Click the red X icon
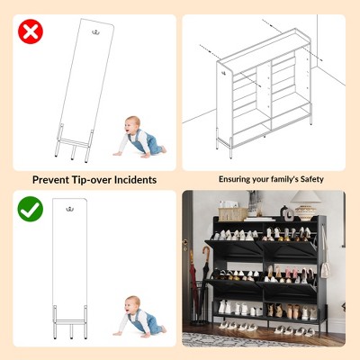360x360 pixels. click(x=31, y=31)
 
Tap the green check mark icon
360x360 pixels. click(x=31, y=209)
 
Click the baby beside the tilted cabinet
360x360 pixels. click(x=139, y=137)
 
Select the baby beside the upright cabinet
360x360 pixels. click(x=139, y=317)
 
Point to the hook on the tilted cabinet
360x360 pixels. click(x=96, y=31)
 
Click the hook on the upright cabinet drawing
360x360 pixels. click(x=70, y=209)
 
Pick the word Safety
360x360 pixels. click(x=312, y=179)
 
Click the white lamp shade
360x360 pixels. click(x=305, y=196)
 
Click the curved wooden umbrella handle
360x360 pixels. click(x=206, y=254)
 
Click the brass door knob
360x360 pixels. click(x=185, y=241)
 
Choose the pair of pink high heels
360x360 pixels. click(x=291, y=272)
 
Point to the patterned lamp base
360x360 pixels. click(x=305, y=211)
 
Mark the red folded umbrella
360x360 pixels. click(x=193, y=285)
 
